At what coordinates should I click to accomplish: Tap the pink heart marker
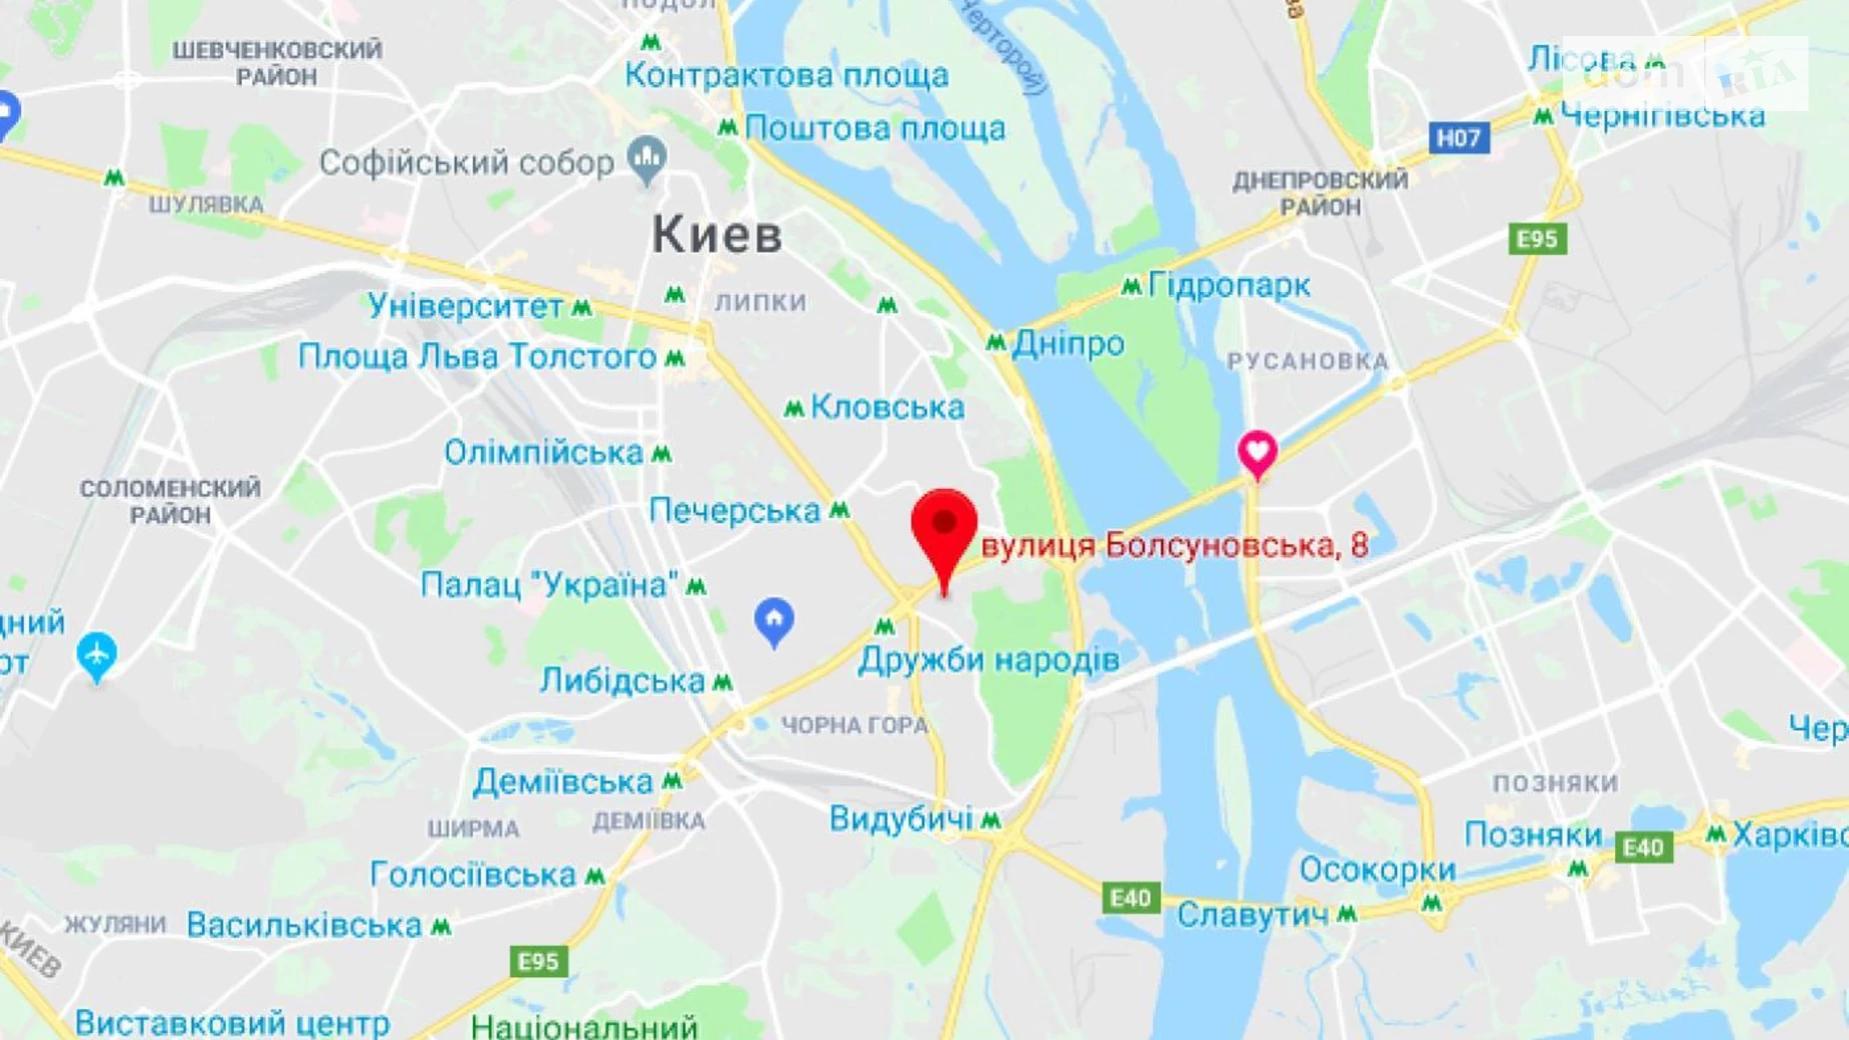coord(1257,452)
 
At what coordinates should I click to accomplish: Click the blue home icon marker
coord(774,620)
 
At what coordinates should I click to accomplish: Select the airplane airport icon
coord(96,655)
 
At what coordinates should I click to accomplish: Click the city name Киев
coord(717,236)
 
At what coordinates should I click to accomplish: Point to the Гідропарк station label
coord(1229,286)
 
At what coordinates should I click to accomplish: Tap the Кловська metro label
coord(887,407)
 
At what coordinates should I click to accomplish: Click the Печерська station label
coord(735,511)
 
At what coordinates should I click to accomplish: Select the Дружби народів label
coord(988,660)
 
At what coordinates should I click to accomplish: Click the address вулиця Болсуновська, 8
coord(1174,546)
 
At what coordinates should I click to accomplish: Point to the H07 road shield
coord(1458,137)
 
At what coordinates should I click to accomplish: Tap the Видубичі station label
coord(901,819)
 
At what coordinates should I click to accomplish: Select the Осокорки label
coord(1376,870)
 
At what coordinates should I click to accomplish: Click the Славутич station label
coord(1252,915)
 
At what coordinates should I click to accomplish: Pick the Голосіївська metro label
coord(473,875)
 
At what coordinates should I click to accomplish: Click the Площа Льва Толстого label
coord(477,357)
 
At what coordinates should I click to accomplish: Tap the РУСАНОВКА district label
coord(1307,361)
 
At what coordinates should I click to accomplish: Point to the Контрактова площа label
coord(787,75)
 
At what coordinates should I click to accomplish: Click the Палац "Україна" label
coord(550,585)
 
